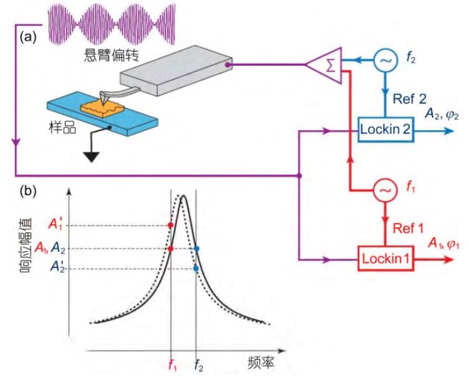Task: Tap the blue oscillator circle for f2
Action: pyautogui.click(x=385, y=61)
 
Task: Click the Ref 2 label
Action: pyautogui.click(x=410, y=99)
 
